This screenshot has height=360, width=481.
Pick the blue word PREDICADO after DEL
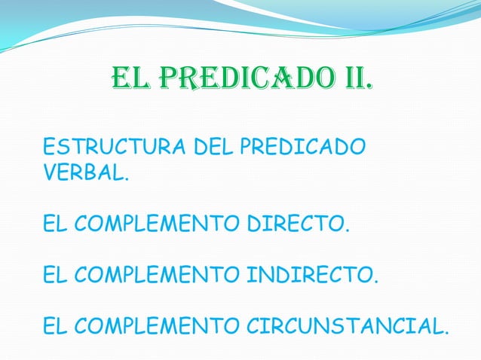(x=302, y=146)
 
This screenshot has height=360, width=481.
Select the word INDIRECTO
(x=309, y=276)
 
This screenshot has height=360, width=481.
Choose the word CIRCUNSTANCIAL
(x=345, y=327)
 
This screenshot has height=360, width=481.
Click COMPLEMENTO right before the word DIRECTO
(x=154, y=224)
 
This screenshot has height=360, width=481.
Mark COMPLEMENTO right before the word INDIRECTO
(x=154, y=276)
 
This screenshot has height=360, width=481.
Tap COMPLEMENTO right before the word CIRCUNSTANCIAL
(x=154, y=327)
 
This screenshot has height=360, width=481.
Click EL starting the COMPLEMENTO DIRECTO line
(x=54, y=224)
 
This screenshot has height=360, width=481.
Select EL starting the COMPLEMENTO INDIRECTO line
(x=54, y=276)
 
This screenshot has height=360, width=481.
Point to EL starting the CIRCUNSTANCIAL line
(x=54, y=327)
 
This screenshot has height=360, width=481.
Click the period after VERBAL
(x=126, y=180)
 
